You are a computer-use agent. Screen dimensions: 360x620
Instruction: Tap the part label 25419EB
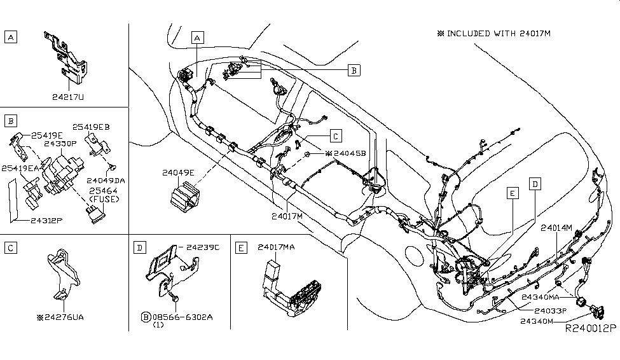pyautogui.click(x=91, y=127)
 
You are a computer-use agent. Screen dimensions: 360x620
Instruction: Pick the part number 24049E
pyautogui.click(x=178, y=171)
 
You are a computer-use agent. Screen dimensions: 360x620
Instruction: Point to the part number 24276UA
pyautogui.click(x=64, y=315)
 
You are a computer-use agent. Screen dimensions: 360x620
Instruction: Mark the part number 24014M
pyautogui.click(x=556, y=227)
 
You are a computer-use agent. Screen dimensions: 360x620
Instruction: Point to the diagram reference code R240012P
pyautogui.click(x=591, y=329)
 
